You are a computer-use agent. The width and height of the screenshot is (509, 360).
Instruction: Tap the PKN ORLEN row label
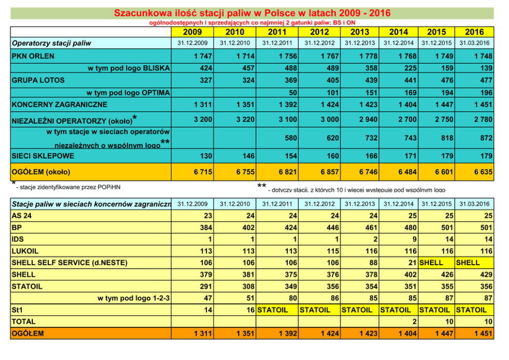coord(33,56)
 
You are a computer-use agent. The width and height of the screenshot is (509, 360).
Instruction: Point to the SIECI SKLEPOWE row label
coord(43,156)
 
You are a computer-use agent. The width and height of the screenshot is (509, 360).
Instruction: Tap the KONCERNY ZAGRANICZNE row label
coord(59,105)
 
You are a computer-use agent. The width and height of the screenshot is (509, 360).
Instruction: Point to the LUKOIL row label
coord(25,251)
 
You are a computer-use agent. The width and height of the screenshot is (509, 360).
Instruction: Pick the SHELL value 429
coord(484,274)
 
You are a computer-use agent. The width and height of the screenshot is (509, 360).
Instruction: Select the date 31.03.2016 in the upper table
coord(474,43)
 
